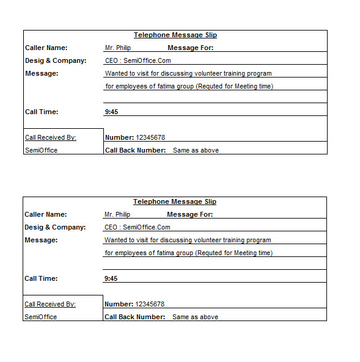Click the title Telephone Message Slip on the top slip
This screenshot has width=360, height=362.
(175, 35)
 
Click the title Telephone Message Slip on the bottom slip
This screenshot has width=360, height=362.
(175, 202)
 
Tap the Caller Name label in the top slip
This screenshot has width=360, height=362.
(46, 48)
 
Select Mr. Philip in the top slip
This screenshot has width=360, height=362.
(118, 48)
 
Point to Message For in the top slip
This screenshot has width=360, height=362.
(190, 48)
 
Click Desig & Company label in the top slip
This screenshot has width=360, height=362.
(56, 60)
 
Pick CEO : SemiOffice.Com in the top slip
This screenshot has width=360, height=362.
(138, 60)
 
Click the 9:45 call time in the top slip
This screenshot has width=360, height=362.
(112, 112)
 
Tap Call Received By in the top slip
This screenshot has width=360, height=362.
(51, 137)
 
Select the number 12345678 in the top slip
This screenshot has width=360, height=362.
(150, 137)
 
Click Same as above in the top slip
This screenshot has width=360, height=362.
(196, 150)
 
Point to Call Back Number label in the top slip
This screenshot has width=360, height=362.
(135, 150)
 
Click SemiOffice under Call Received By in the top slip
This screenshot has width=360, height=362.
(41, 150)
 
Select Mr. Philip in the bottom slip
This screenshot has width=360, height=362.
(117, 214)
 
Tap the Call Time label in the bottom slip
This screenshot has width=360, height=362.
(42, 278)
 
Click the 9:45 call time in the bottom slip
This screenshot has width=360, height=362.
(111, 278)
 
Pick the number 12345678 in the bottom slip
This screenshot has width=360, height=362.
(150, 304)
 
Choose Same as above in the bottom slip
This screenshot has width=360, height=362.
(195, 317)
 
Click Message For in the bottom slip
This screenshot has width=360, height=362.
(189, 214)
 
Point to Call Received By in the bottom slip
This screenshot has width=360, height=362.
(50, 304)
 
